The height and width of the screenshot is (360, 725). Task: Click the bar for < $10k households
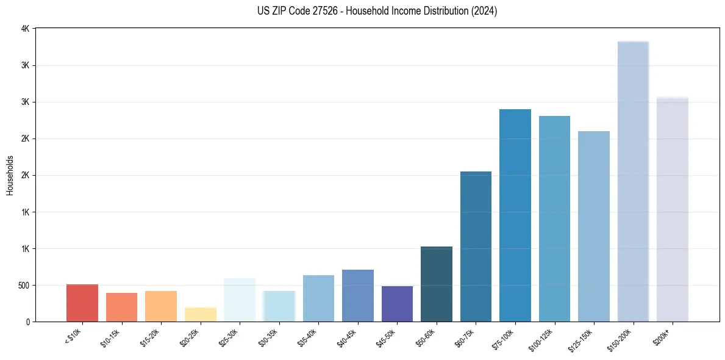82,303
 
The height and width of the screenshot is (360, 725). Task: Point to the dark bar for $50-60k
437,284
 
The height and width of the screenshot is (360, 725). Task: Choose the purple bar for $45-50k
397,304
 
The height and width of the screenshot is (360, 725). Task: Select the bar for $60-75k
476,247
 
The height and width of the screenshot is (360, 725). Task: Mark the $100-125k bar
554,219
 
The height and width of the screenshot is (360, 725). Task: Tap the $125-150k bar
594,226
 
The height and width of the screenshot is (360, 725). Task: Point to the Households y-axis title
10,175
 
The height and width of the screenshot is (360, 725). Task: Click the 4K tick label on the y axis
25,29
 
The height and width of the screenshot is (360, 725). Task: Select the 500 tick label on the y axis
23,286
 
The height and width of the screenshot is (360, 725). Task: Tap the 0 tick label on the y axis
28,322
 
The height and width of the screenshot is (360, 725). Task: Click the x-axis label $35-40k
308,337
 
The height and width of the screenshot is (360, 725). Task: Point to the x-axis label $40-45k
348,337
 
